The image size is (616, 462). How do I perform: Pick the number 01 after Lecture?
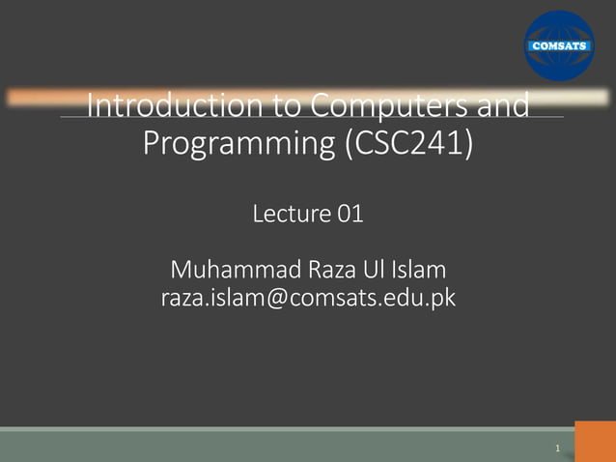click(x=350, y=214)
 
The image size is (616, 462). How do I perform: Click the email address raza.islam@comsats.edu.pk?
click(x=307, y=299)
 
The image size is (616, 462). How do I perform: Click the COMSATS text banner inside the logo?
click(x=559, y=44)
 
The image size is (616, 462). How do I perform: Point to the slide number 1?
click(x=559, y=448)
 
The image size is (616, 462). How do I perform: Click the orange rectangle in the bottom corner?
click(x=595, y=441)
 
